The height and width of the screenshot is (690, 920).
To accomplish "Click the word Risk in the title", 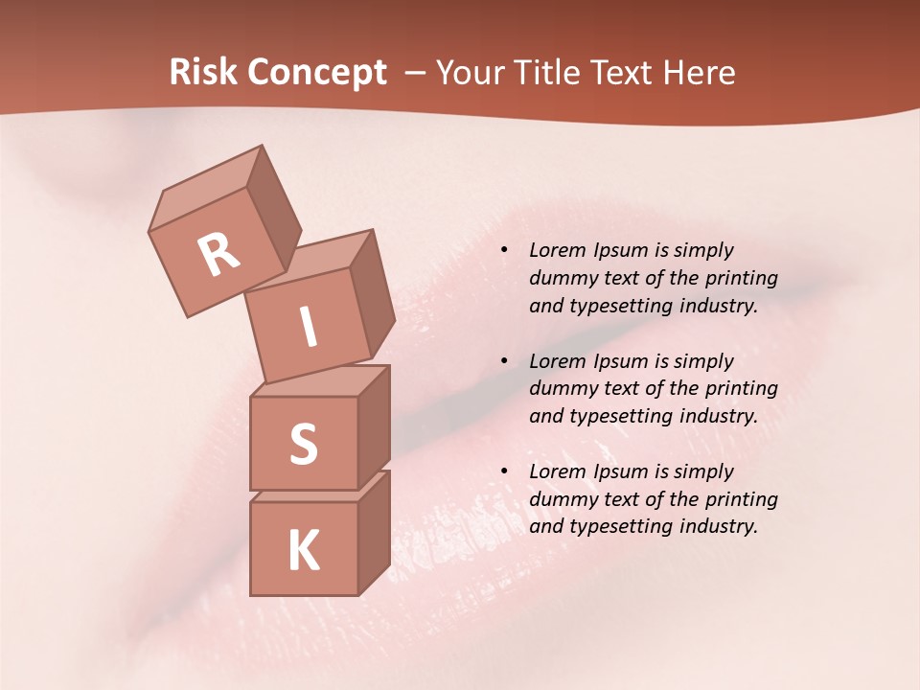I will (203, 73).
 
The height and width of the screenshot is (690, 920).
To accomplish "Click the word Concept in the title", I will (316, 73).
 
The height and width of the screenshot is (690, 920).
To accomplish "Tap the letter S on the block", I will (303, 444).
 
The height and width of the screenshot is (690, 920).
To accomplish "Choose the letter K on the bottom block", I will (304, 550).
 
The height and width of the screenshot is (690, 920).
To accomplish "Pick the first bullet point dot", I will (504, 251).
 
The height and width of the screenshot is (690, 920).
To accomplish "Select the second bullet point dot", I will (504, 361).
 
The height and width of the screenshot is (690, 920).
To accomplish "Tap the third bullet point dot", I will (504, 471).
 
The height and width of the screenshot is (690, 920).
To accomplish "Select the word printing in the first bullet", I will (742, 279).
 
